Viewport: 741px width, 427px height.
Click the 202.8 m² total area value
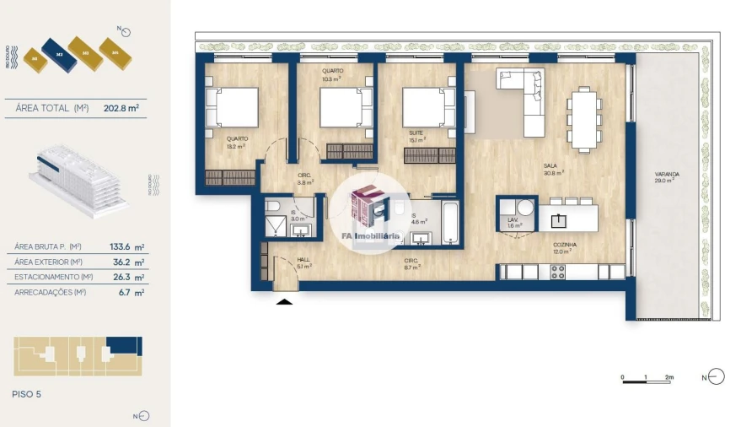[121, 108]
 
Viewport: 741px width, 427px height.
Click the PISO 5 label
[27, 393]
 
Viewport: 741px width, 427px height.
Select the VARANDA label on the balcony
[666, 175]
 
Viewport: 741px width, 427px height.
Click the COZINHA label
[564, 246]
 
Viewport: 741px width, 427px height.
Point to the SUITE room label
[416, 134]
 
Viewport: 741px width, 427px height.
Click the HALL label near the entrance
[303, 261]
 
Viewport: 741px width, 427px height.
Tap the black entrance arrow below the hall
[285, 301]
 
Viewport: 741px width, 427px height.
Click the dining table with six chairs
[583, 119]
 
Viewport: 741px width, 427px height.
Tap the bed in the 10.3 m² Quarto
[343, 109]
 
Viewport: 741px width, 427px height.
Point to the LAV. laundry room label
[514, 223]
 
